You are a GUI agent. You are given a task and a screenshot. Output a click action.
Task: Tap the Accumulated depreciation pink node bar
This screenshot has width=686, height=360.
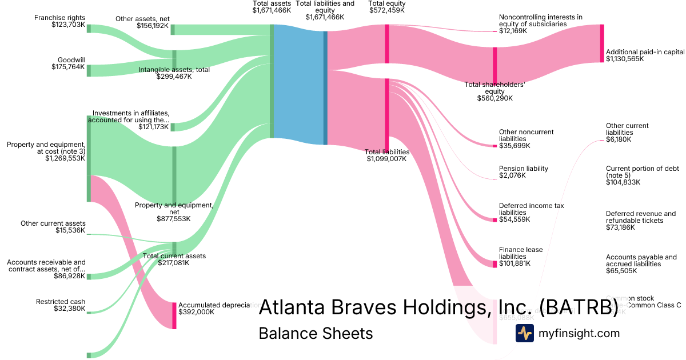click(x=174, y=315)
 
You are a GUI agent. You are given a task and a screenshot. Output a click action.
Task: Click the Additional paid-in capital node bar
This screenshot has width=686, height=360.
click(x=601, y=43)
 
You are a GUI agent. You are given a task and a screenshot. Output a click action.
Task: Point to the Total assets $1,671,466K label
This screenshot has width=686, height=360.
click(x=272, y=7)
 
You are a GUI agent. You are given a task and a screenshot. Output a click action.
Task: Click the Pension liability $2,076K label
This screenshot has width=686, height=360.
click(x=523, y=172)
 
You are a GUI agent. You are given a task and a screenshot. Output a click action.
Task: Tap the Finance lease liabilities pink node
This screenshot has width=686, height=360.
click(x=495, y=264)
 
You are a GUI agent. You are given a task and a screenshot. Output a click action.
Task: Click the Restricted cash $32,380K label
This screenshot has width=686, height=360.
click(x=61, y=305)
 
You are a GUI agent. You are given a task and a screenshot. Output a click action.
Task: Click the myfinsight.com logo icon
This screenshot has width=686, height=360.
click(x=524, y=333)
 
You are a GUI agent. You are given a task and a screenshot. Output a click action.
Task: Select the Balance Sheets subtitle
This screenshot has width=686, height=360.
click(x=316, y=333)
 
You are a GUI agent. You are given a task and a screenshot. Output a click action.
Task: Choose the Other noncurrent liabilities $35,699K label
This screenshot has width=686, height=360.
click(x=526, y=139)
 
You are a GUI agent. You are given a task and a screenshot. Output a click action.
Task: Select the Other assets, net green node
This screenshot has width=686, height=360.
click(x=173, y=30)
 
